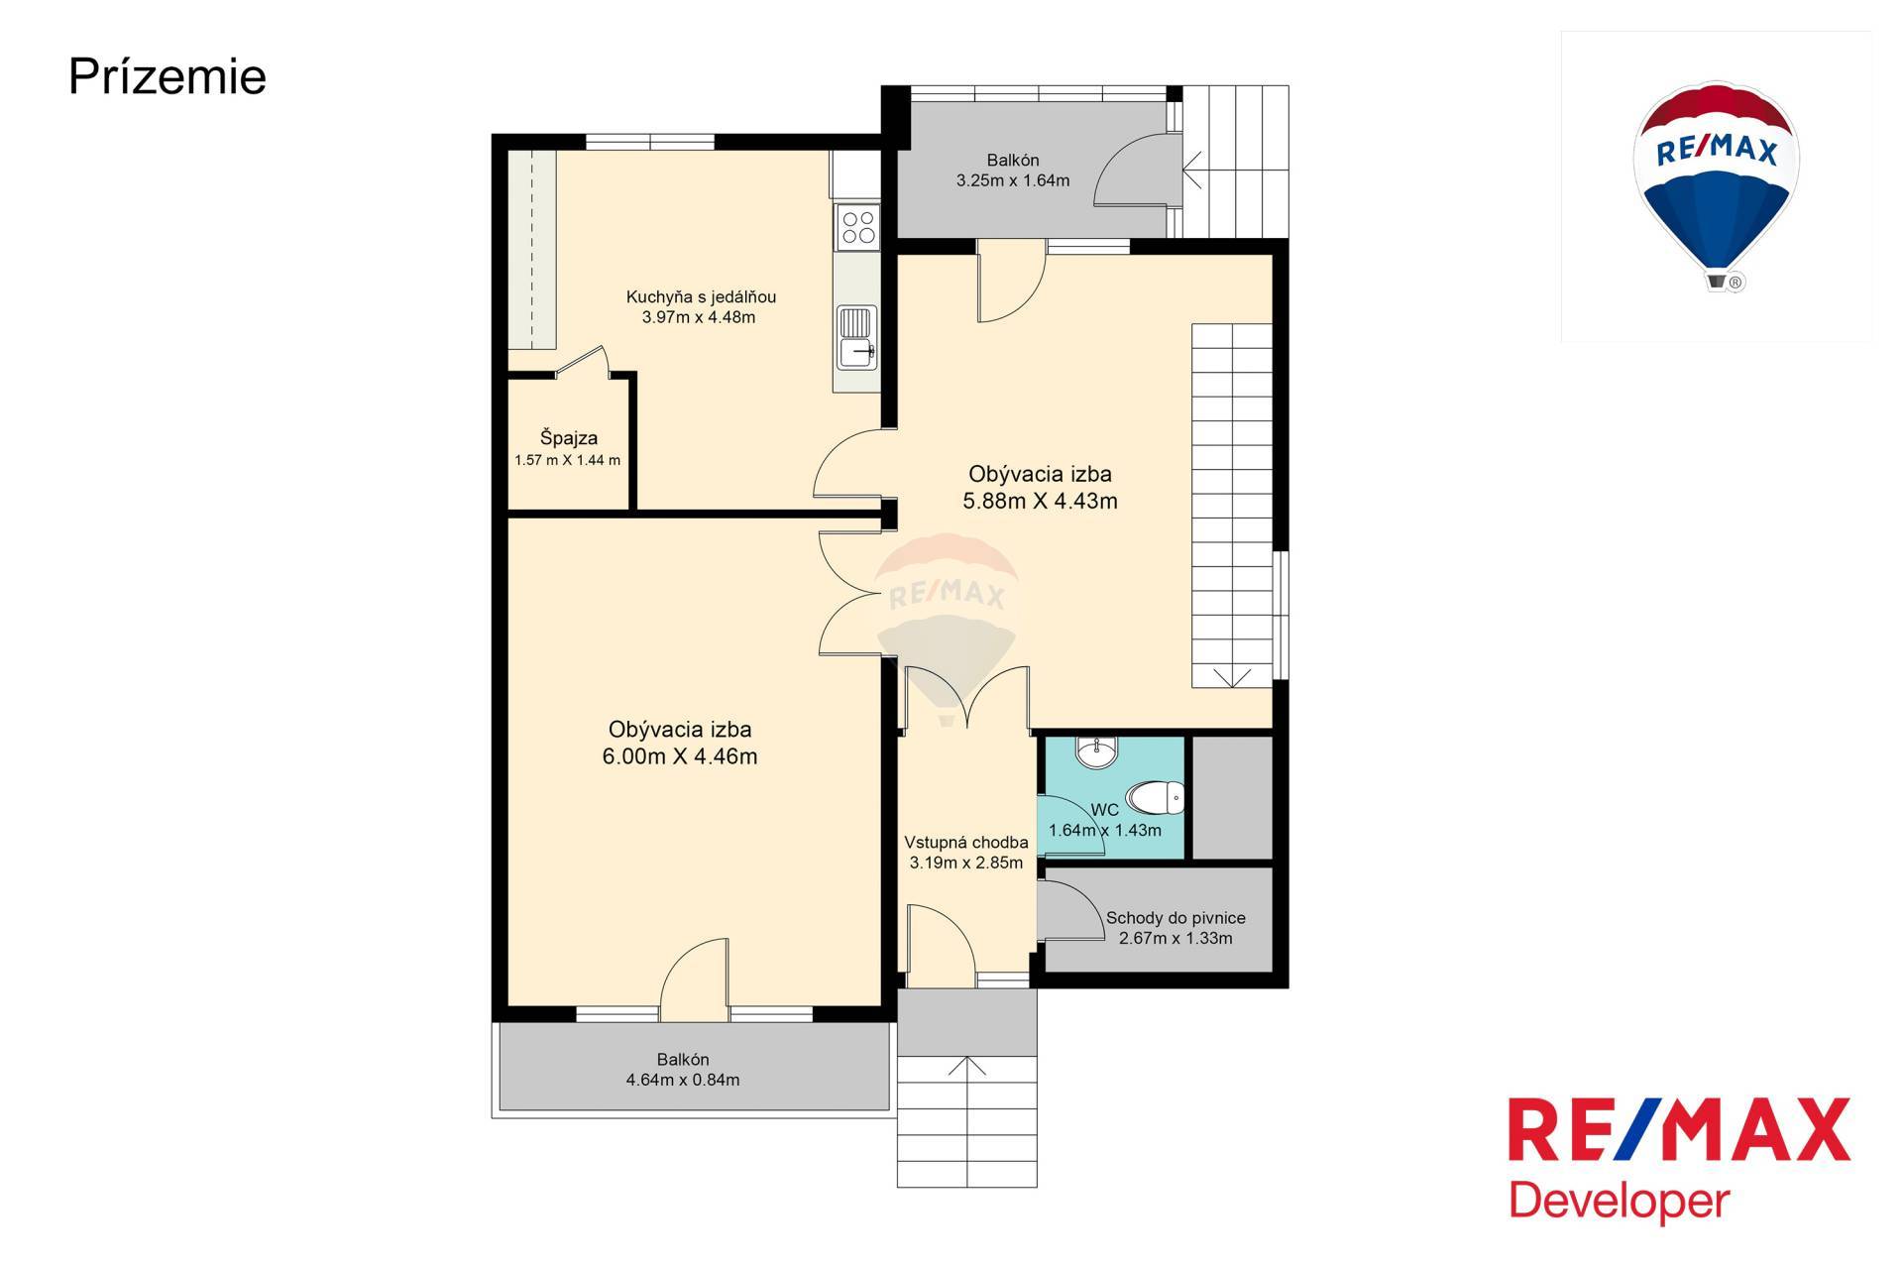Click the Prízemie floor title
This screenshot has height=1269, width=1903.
pos(168,77)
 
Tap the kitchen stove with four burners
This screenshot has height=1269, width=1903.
pos(857,227)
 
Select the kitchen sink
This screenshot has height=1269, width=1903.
pos(856,336)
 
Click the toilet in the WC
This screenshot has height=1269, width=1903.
pos(1156,797)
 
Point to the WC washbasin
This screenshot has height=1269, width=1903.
pos(1097,752)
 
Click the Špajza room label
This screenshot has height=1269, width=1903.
pos(569,438)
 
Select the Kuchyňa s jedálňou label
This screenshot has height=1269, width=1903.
pos(701,296)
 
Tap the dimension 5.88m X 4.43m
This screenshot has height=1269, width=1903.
pos(1040,502)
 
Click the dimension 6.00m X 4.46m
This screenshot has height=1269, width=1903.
pos(680,757)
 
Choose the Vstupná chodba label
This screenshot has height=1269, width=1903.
pos(966,843)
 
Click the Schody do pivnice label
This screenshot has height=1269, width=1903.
pos(1175,918)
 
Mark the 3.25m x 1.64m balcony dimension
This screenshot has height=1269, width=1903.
pos(1013,180)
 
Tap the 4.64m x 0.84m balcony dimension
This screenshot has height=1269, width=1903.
pos(683,1081)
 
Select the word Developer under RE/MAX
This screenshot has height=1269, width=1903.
pos(1619,1202)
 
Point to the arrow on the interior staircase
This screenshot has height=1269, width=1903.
pos(1231,677)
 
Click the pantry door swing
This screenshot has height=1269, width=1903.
pos(583,362)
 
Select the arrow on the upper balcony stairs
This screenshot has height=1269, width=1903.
pos(1192,170)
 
